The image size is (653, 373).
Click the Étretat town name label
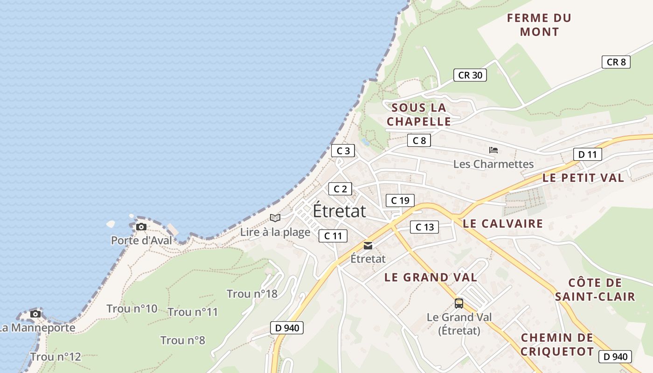[339, 211]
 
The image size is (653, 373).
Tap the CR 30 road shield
[470, 75]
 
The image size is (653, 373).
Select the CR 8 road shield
[616, 62]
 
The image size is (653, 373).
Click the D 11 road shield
[587, 154]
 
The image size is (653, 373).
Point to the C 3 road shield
[343, 151]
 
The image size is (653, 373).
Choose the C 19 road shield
[400, 200]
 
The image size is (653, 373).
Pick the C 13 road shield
[424, 227]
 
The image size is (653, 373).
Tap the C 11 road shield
[333, 236]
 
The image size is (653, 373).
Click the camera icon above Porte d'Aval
[141, 227]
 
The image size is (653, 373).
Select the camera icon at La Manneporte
[35, 314]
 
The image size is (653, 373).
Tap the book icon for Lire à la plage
[275, 218]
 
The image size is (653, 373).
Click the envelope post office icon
[368, 246]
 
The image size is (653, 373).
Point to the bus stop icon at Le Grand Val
[459, 304]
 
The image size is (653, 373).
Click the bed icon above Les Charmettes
[493, 150]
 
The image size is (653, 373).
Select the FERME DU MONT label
[539, 25]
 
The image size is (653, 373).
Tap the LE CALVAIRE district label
[503, 224]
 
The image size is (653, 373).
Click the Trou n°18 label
[252, 294]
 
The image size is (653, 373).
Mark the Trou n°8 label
[183, 340]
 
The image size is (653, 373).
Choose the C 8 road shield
[419, 140]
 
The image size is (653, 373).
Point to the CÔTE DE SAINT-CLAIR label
[595, 290]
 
